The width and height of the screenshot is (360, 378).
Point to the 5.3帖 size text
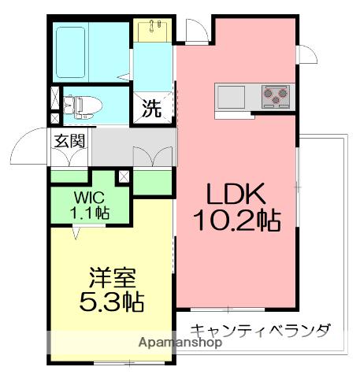113,302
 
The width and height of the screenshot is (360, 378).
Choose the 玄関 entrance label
70,142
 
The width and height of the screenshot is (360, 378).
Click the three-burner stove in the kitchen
273,95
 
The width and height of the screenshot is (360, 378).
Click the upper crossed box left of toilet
54,98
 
